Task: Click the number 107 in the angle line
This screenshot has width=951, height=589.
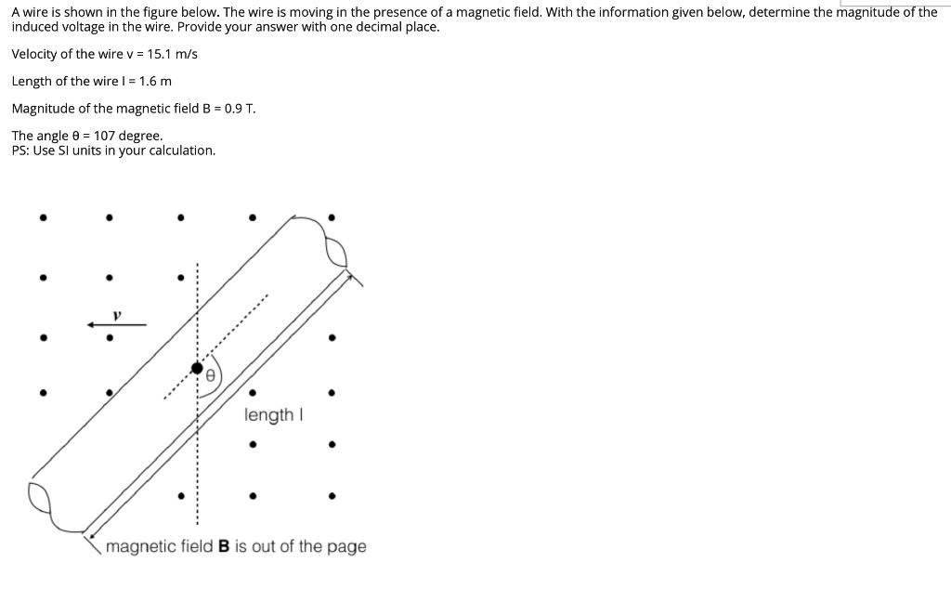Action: click(x=104, y=136)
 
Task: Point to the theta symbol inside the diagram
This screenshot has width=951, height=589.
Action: click(x=211, y=376)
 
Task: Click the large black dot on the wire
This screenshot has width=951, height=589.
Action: click(x=197, y=369)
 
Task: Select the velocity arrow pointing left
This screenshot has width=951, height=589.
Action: click(x=116, y=325)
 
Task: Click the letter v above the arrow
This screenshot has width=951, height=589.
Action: click(x=117, y=315)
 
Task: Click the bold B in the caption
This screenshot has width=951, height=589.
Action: click(x=224, y=547)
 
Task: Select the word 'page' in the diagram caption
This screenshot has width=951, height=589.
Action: click(x=346, y=547)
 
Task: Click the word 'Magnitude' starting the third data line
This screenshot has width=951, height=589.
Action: click(x=42, y=108)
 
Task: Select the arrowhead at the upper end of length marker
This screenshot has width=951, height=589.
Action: click(x=349, y=275)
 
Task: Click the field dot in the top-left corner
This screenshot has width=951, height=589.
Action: click(x=42, y=219)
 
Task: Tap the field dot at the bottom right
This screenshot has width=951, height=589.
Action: click(x=332, y=495)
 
